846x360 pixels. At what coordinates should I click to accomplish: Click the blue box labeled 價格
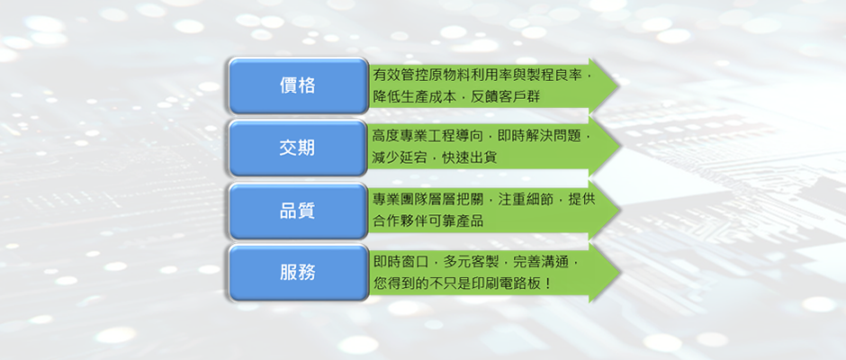[298, 85]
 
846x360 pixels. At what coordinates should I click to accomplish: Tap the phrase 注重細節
[524, 199]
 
